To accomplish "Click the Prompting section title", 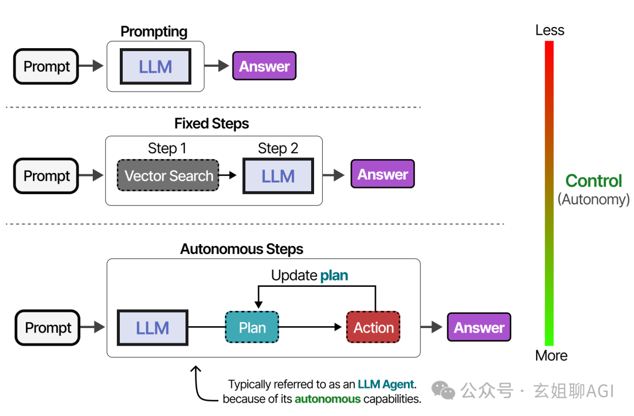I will coord(154,32).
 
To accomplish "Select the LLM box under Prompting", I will coord(156,66).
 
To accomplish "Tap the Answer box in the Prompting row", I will coord(264,66).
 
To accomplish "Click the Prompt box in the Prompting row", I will coord(46,66).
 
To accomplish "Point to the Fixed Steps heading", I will coord(211,124).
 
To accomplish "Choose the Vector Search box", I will coord(168,175).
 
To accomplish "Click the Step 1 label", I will coord(167,148).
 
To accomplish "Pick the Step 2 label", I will coord(278,148).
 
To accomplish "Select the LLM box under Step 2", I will coord(278,176).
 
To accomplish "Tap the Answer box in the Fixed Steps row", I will coord(383,174).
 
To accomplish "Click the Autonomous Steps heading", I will coord(241,249).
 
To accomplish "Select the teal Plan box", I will coord(252,327).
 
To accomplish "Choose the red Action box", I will coord(373,327).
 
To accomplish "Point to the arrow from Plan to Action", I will coord(311,327).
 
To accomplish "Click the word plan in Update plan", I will coord(334,275).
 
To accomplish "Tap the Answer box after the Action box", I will coord(479,327).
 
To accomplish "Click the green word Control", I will coord(593,181).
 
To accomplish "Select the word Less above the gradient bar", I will coord(549,30).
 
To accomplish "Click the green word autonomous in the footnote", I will coord(328,399).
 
